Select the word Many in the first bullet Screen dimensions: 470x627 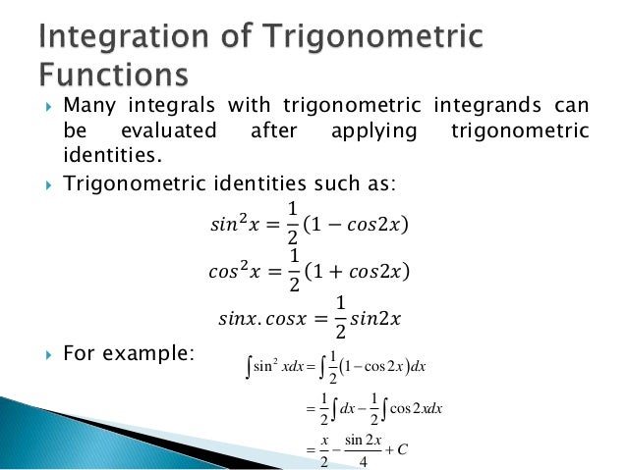pyautogui.click(x=85, y=106)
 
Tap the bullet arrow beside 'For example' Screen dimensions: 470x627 pyautogui.click(x=46, y=352)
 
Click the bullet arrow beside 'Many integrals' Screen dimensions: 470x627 pyautogui.click(x=46, y=106)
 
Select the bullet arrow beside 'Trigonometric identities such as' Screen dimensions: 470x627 pyautogui.click(x=46, y=181)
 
